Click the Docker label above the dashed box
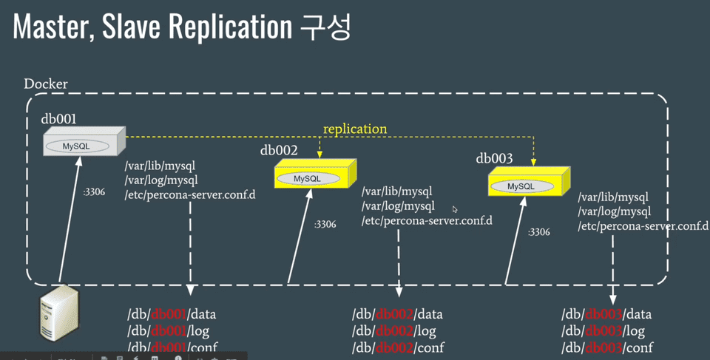click(46, 84)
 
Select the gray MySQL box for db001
click(81, 142)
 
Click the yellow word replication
click(354, 129)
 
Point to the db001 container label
click(59, 118)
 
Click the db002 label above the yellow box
click(278, 151)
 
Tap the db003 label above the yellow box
click(494, 158)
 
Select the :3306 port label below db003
click(538, 232)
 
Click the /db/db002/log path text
click(394, 331)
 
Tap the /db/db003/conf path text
click(607, 348)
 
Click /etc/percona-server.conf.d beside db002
click(426, 220)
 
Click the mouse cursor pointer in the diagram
click(455, 209)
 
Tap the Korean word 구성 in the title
click(325, 27)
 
